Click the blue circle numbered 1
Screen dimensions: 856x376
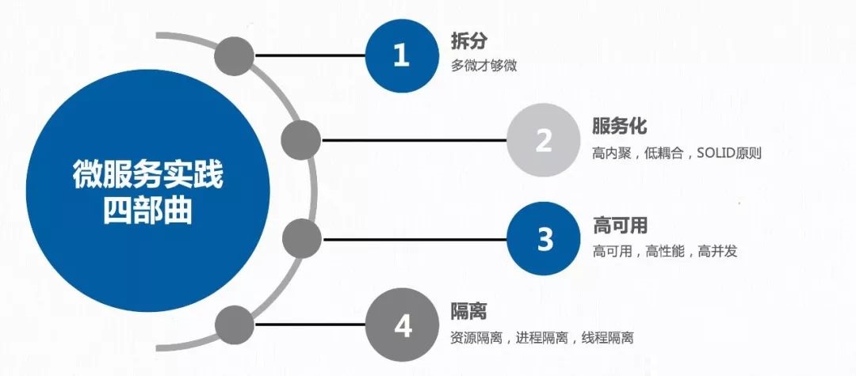pyautogui.click(x=402, y=55)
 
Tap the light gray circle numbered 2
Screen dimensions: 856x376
pyautogui.click(x=543, y=140)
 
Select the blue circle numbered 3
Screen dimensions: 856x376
pyautogui.click(x=544, y=239)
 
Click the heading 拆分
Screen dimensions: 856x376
pyautogui.click(x=469, y=41)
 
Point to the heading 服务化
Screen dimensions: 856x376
pyautogui.click(x=620, y=126)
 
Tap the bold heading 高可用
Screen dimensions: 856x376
pyautogui.click(x=620, y=225)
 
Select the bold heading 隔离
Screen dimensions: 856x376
pyautogui.click(x=468, y=311)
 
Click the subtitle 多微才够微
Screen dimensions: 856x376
pyautogui.click(x=483, y=66)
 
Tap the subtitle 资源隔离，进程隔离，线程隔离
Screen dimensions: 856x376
pyautogui.click(x=542, y=338)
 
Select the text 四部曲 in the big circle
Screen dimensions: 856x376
pyautogui.click(x=148, y=211)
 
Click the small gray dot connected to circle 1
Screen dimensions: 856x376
pyautogui.click(x=234, y=55)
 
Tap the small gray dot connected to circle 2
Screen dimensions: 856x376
pyautogui.click(x=301, y=140)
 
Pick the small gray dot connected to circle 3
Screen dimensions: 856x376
pyautogui.click(x=302, y=239)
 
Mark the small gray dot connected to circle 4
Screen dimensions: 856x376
pyautogui.click(x=235, y=325)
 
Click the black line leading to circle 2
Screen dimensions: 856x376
pyautogui.click(x=414, y=140)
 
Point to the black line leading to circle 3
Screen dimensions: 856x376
pyautogui.click(x=415, y=239)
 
